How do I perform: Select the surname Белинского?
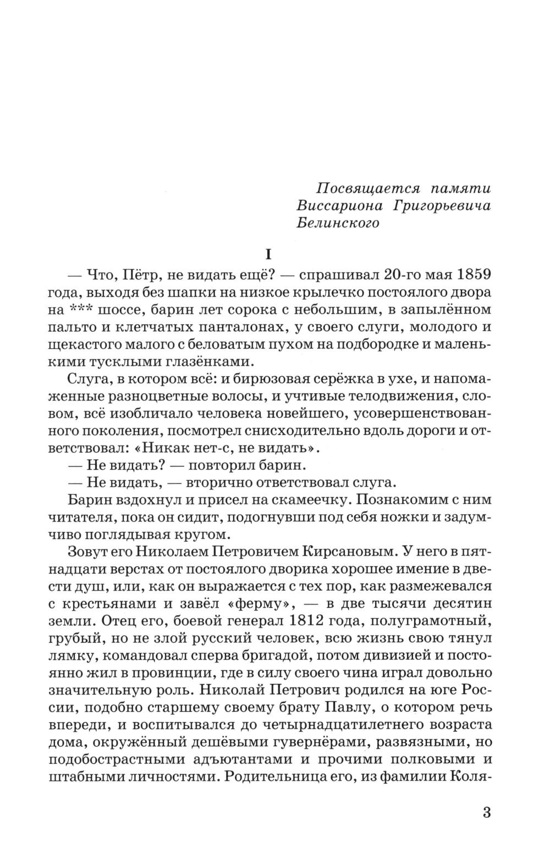(338, 224)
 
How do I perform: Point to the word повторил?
(215, 466)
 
